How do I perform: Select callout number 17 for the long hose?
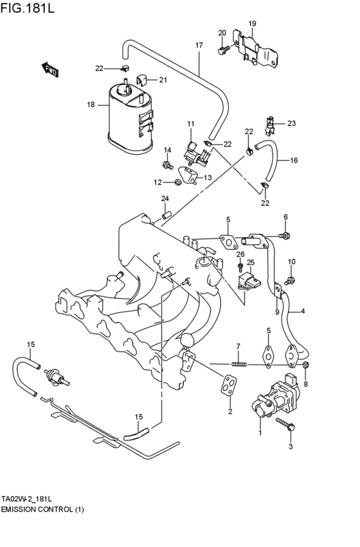(x=199, y=45)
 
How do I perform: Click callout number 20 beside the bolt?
(x=222, y=33)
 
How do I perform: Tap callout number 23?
(x=291, y=123)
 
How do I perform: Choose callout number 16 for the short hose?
(x=294, y=160)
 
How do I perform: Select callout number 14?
(x=167, y=150)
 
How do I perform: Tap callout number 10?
(x=291, y=262)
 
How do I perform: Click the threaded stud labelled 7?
(x=239, y=364)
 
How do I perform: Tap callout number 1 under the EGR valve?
(x=260, y=433)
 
